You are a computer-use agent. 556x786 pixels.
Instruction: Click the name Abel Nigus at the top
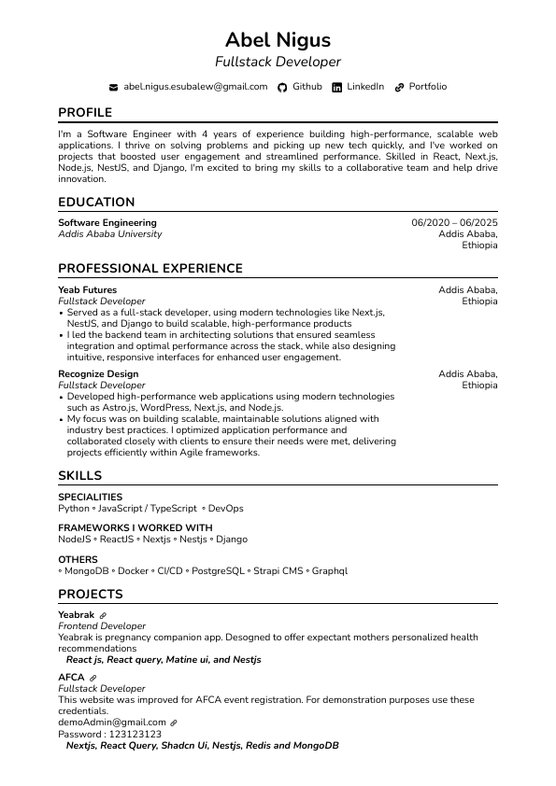click(278, 39)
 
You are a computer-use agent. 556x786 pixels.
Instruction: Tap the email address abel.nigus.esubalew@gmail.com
click(195, 87)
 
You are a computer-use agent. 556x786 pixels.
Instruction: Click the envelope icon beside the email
click(114, 87)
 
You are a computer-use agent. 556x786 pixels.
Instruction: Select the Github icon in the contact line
click(283, 87)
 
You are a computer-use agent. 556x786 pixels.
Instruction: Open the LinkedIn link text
click(365, 87)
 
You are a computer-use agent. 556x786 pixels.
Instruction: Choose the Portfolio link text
click(427, 87)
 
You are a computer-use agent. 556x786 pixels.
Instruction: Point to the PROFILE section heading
click(85, 112)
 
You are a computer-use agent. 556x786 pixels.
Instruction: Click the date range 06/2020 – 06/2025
click(454, 223)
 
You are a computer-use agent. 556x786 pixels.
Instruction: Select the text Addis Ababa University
click(109, 234)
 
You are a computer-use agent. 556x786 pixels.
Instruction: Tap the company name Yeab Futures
click(87, 290)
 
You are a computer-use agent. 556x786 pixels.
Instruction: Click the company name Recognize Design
click(98, 374)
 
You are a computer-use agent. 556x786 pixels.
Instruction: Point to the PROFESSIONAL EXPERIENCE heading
click(150, 269)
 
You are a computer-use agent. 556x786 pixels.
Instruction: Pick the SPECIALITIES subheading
click(90, 498)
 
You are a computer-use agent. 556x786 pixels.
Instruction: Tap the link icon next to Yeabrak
click(103, 616)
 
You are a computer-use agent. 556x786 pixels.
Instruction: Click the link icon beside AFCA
click(93, 678)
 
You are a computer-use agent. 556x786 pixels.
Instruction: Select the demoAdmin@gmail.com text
click(111, 723)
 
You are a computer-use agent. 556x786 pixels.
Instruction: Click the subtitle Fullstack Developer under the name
click(278, 62)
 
